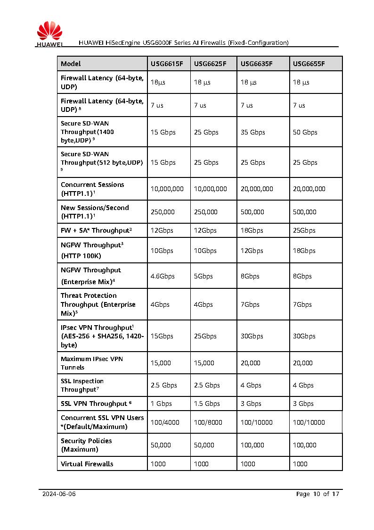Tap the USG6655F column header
coord(309,64)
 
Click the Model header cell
coord(71,64)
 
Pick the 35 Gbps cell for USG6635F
coord(254,132)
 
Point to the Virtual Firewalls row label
coord(87,464)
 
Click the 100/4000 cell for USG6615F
coord(165,422)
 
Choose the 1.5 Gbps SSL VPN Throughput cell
coord(207,404)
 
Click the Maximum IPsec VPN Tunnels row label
coord(92,363)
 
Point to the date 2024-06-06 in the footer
coord(59,494)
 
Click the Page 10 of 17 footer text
coord(317,494)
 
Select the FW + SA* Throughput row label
coord(96,230)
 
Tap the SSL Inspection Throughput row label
coord(82,385)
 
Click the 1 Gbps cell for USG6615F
coord(161,404)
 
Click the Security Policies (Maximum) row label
coord(86,445)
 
